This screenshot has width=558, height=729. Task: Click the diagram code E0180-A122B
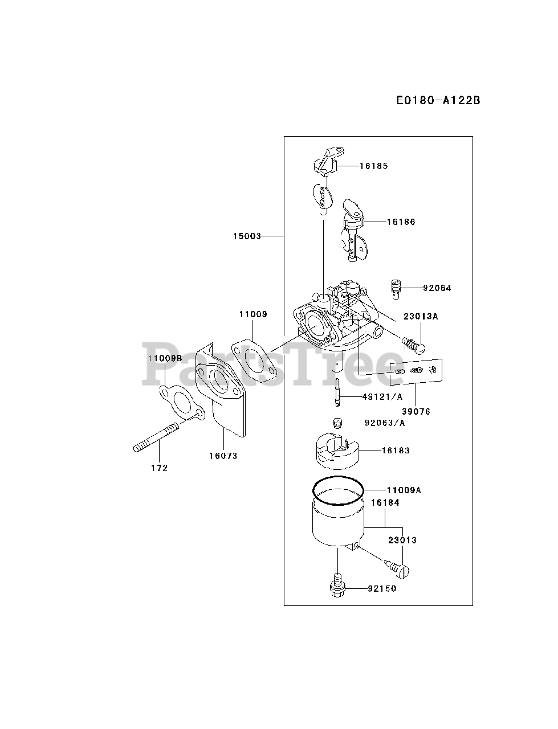(x=438, y=101)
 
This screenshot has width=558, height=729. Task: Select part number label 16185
(x=373, y=166)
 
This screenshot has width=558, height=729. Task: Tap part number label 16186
(x=401, y=222)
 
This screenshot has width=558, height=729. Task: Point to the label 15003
(x=247, y=236)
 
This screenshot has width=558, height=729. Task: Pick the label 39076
(x=416, y=411)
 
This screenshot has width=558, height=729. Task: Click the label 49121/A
(x=382, y=397)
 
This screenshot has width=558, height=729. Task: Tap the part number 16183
(x=396, y=450)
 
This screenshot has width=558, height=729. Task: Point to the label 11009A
(x=404, y=490)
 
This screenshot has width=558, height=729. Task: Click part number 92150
(x=382, y=588)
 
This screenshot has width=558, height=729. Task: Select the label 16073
(x=223, y=456)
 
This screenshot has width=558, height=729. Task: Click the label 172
(x=160, y=468)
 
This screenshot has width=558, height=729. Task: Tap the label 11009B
(x=165, y=358)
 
